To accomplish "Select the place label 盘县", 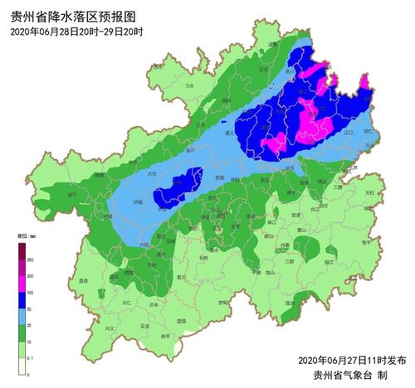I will pos(83,281).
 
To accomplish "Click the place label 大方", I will pos(152,175).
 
